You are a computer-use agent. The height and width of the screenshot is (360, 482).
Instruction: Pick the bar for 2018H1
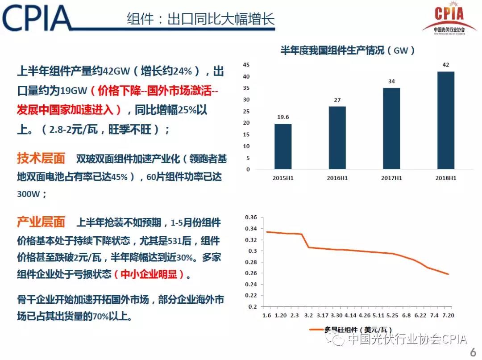coord(445,120)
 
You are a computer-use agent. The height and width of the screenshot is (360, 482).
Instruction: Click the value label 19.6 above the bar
coord(283,117)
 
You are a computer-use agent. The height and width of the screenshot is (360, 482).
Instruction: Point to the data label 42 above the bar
coord(445,65)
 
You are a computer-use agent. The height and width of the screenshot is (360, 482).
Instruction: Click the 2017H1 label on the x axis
coord(391,177)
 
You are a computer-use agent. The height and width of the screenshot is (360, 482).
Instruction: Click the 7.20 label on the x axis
coord(448,316)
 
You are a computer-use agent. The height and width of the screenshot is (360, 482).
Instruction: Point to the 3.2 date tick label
coord(308,316)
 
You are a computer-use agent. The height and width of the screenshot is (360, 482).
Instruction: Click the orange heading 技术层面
coord(41,158)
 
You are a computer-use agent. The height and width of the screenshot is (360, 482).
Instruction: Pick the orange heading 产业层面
coord(41,222)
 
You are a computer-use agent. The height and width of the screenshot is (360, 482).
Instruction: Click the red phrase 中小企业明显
coord(153,274)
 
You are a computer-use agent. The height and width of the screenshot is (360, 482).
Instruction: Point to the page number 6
coord(473,352)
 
